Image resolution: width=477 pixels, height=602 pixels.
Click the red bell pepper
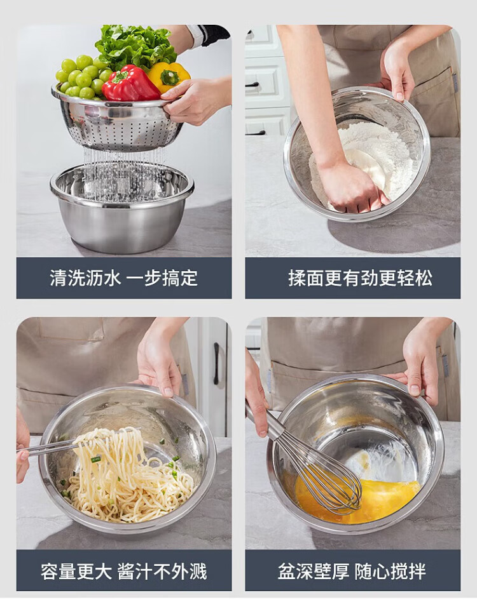[130, 84]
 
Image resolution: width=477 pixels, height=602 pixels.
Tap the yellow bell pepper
[169, 77]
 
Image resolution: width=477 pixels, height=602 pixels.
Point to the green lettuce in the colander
[135, 46]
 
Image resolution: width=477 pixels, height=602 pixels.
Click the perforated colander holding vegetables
[117, 121]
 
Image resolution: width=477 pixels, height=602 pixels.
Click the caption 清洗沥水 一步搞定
[123, 278]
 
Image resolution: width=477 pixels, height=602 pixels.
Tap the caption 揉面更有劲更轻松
[360, 278]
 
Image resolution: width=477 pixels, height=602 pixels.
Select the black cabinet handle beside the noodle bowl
[216, 363]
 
